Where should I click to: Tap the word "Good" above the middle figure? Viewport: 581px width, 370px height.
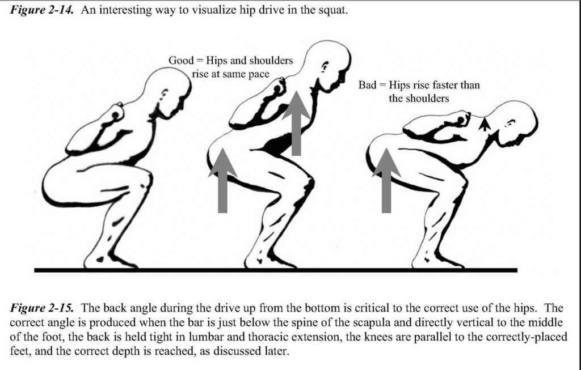pos(181,60)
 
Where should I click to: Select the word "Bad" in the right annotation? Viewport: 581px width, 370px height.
pos(367,85)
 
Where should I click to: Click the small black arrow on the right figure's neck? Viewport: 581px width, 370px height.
pos(485,124)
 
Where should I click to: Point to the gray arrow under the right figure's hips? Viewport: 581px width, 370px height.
pos(386,180)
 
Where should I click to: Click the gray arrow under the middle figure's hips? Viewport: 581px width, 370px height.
pos(222,180)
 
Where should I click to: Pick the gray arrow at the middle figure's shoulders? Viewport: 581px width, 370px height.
pos(296,123)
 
